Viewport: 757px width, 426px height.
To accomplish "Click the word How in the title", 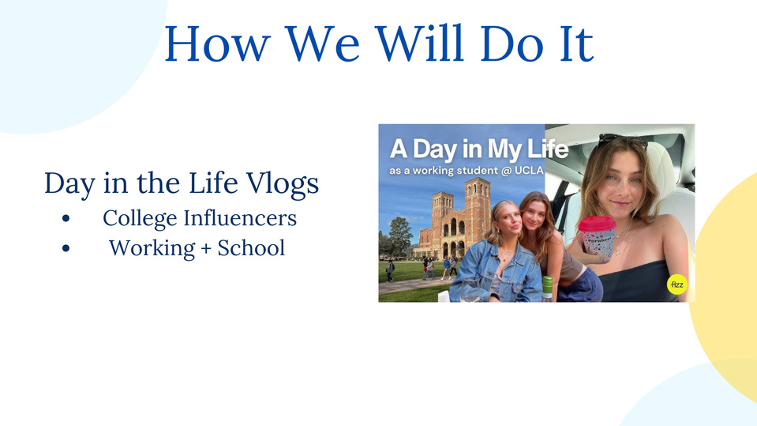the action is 217,43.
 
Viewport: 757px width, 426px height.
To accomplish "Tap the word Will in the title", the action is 419,43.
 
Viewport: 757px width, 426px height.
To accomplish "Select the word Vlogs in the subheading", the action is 283,184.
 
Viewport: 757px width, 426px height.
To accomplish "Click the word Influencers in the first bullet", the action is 240,217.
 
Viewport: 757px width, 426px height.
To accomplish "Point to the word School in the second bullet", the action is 251,248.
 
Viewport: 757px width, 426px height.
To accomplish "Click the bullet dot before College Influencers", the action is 66,219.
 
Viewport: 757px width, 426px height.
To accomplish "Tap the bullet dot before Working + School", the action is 66,248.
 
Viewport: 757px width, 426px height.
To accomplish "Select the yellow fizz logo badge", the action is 676,285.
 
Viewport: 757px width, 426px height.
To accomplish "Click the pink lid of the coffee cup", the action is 598,224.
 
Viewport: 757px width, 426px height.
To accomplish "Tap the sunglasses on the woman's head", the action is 623,139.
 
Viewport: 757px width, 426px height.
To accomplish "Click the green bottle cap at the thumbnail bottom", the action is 547,281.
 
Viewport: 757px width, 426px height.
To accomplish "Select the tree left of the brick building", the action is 399,237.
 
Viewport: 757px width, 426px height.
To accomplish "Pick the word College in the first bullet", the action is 140,219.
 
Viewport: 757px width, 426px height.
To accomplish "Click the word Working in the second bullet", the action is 152,248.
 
